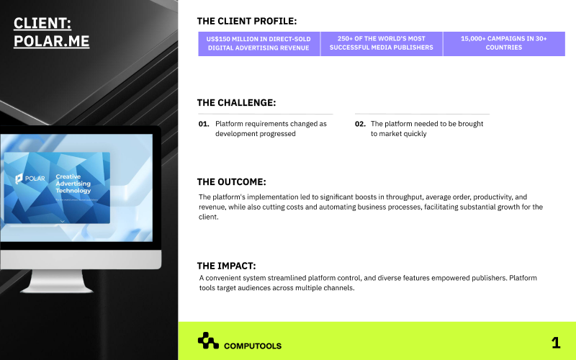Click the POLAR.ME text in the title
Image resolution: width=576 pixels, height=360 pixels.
coord(52,41)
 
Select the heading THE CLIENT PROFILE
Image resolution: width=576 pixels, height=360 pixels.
coord(246,22)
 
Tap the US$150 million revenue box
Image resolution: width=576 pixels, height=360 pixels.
coord(258,43)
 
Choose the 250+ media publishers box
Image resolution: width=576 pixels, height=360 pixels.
coord(381,43)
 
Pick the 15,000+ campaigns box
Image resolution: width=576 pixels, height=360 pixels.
coord(503,43)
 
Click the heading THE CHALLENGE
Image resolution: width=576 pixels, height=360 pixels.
coord(236,103)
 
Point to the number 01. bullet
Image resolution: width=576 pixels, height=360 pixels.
coord(204,124)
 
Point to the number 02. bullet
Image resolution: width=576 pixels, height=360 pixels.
coord(360,124)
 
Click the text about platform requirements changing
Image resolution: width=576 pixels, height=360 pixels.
coord(271,129)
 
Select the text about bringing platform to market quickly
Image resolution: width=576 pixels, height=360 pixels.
coord(427,129)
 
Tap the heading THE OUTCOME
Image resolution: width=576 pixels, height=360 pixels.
coord(232,182)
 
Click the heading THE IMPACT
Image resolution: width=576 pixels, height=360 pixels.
coord(226,266)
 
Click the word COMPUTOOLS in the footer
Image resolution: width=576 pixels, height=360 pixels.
coord(253,346)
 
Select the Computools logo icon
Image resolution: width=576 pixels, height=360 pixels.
coord(207,341)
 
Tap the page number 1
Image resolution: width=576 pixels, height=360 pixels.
coord(555,343)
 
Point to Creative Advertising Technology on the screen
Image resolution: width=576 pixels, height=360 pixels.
coord(73,184)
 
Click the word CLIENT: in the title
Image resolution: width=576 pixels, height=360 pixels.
coord(42,24)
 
